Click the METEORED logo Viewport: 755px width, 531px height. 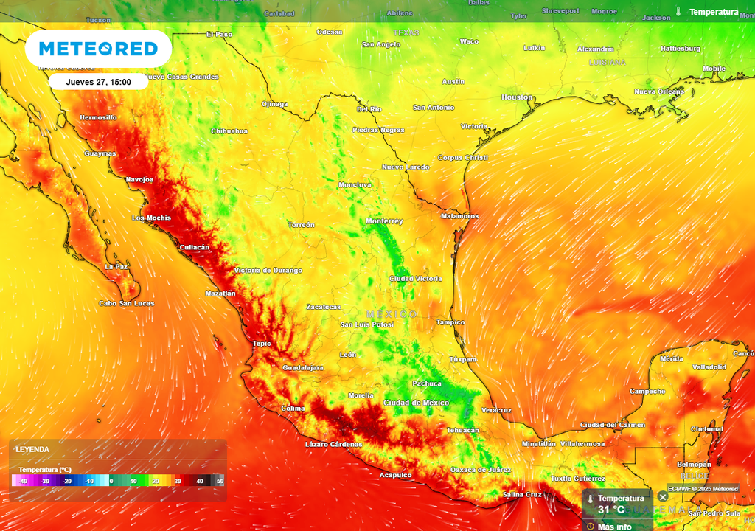[98, 49]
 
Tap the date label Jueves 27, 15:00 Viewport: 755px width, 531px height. [98, 82]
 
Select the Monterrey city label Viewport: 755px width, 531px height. [384, 221]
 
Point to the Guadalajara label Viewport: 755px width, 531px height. [303, 367]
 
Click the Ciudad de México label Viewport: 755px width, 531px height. [417, 403]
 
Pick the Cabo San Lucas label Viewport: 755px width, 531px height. [127, 303]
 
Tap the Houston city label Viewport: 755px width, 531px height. [517, 97]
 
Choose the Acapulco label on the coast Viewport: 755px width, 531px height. [395, 475]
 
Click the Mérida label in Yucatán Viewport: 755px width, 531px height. [672, 358]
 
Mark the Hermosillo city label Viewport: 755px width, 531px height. [98, 117]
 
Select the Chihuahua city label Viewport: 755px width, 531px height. [229, 131]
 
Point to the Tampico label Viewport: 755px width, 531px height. [450, 322]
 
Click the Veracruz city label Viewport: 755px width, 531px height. [496, 410]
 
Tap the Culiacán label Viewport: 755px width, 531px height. [195, 247]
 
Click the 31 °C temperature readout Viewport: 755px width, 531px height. [611, 510]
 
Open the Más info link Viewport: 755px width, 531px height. [614, 527]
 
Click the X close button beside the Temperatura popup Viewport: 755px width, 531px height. [662, 497]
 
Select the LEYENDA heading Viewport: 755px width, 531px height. [32, 449]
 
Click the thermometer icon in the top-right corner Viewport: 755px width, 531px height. [678, 12]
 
